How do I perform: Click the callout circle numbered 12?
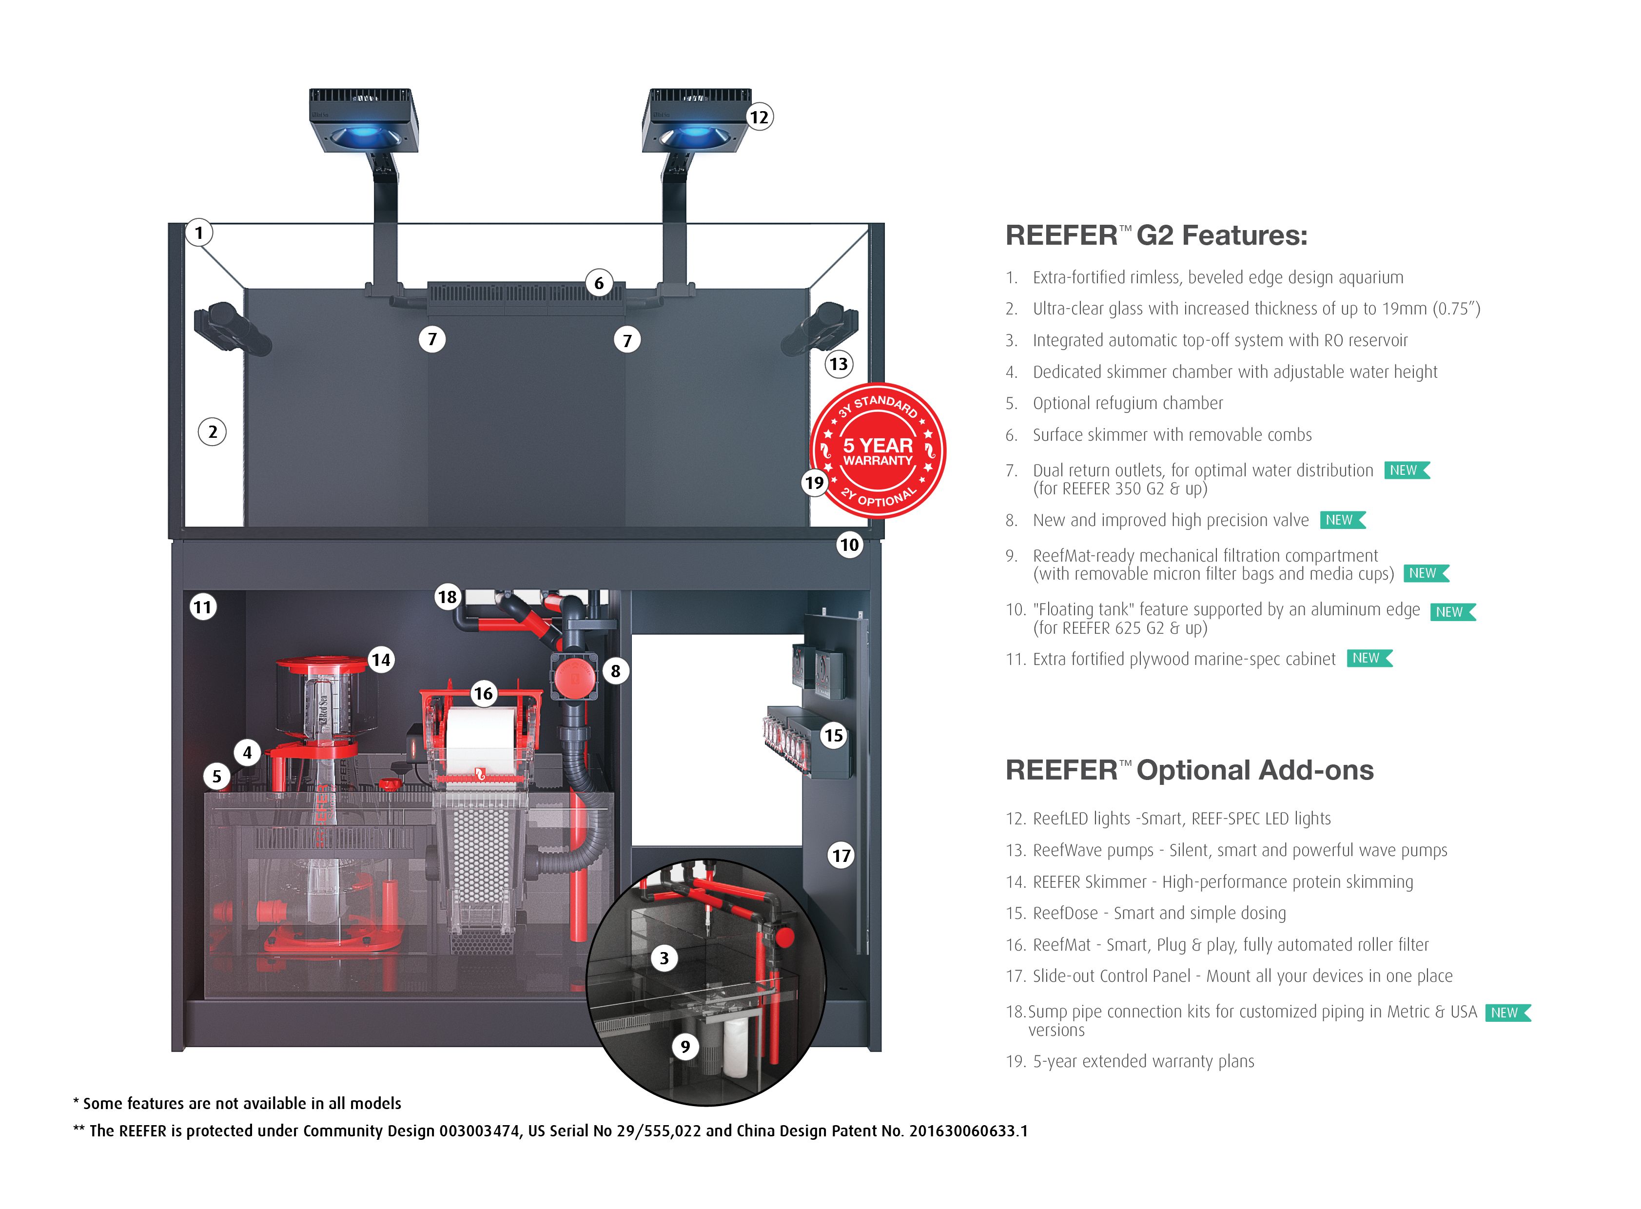pyautogui.click(x=759, y=117)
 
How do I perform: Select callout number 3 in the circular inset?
pyautogui.click(x=664, y=958)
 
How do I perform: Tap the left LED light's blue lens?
pyautogui.click(x=364, y=136)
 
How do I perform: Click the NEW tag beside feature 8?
pyautogui.click(x=1342, y=520)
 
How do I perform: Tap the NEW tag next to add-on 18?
pyautogui.click(x=1507, y=1013)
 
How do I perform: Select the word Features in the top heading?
pyautogui.click(x=1244, y=235)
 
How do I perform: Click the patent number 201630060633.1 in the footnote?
pyautogui.click(x=968, y=1131)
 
